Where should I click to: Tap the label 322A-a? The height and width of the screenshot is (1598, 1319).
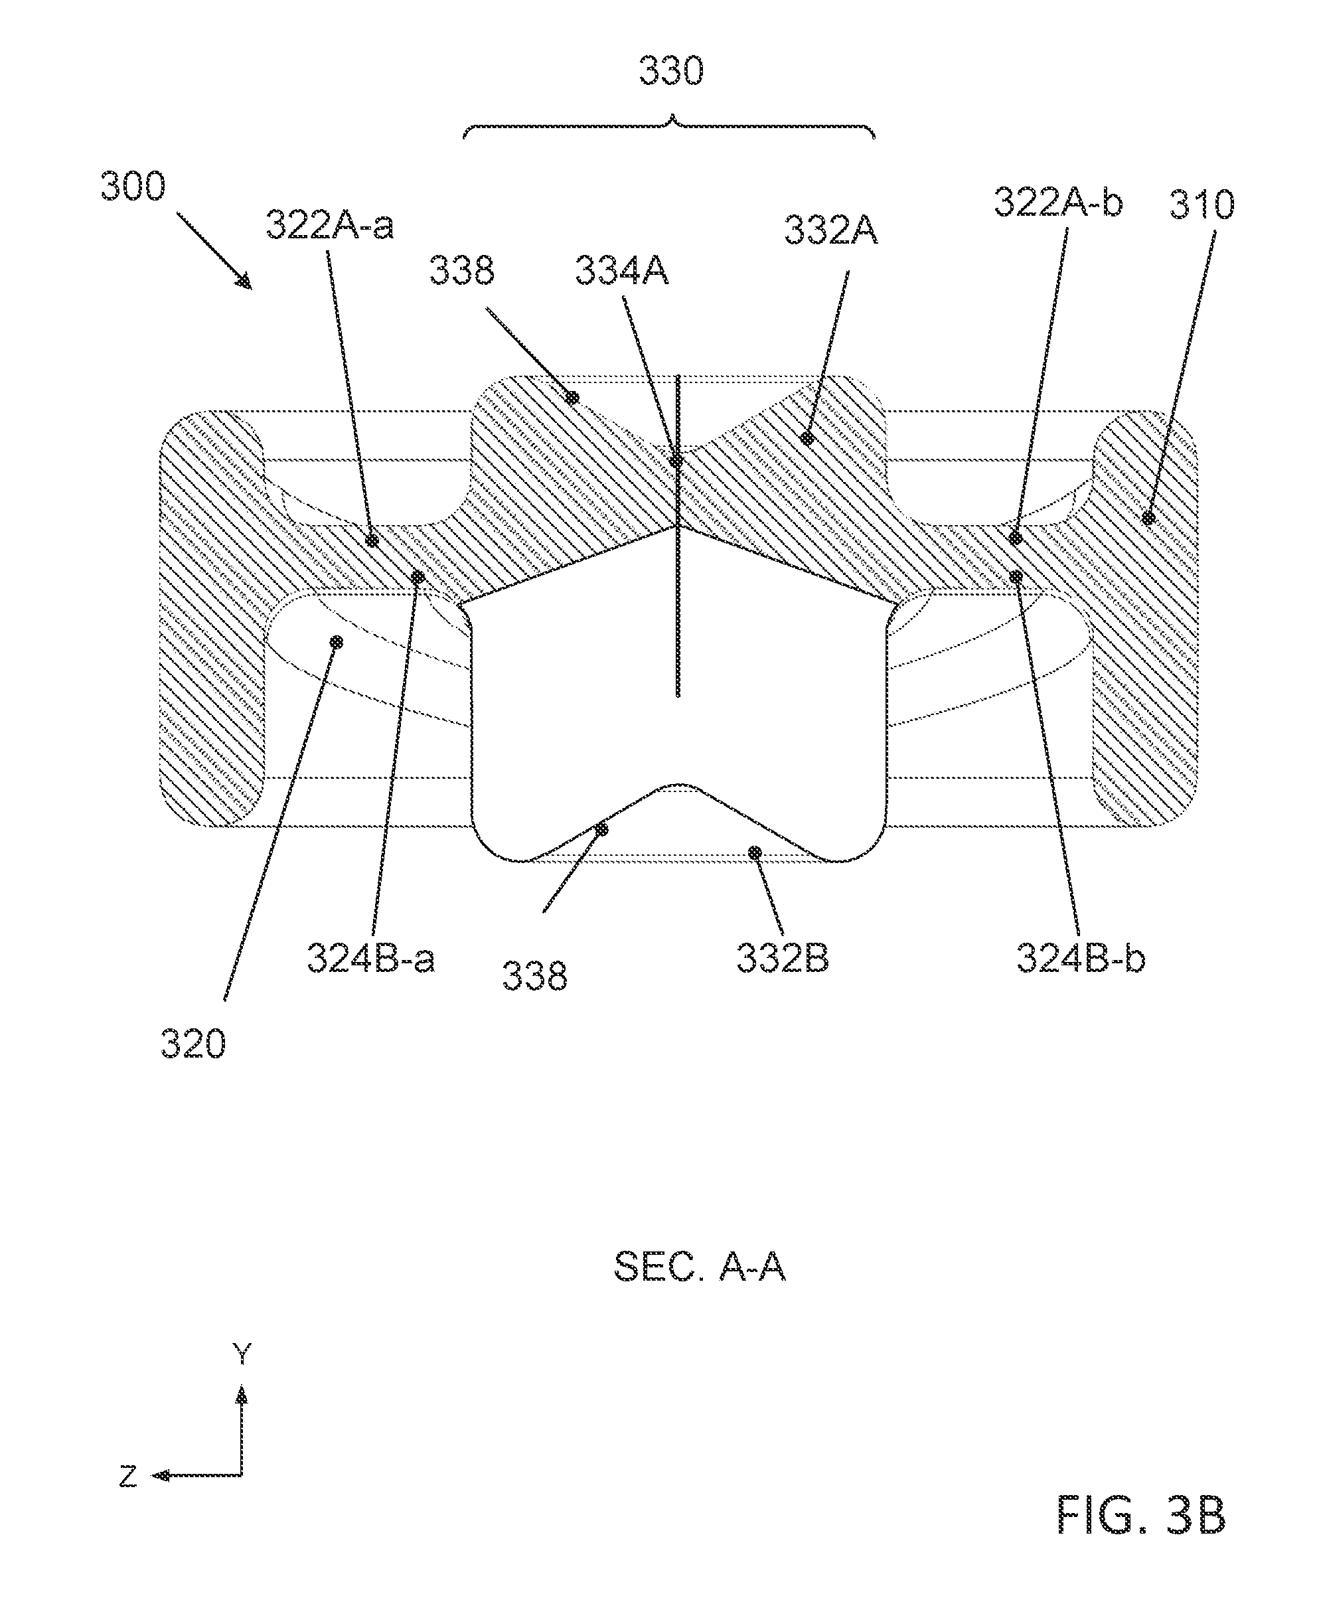pyautogui.click(x=330, y=226)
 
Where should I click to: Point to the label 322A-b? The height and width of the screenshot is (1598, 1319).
pyautogui.click(x=1058, y=203)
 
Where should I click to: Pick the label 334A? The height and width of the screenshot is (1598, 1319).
pyautogui.click(x=621, y=270)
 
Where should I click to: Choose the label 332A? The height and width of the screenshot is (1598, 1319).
pyautogui.click(x=830, y=230)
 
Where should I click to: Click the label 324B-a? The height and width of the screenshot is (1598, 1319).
pyautogui.click(x=371, y=958)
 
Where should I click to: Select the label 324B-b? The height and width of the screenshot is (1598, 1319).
pyautogui.click(x=1081, y=958)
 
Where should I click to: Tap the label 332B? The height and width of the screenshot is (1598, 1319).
pyautogui.click(x=783, y=958)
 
